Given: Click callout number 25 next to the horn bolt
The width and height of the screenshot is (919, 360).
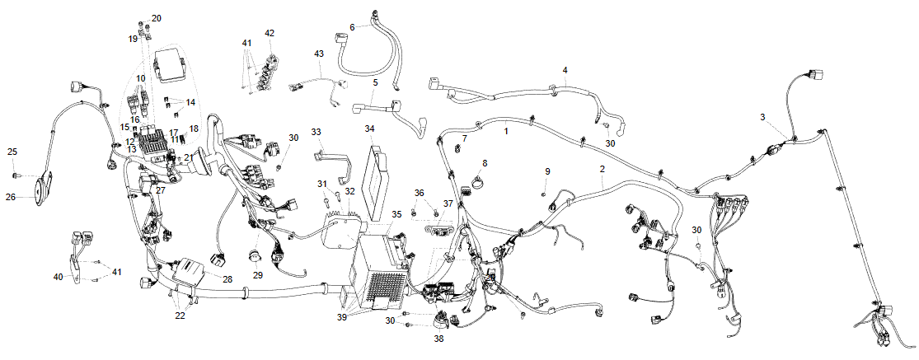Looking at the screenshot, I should (12, 152).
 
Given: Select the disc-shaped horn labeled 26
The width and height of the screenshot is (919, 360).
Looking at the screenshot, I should (41, 191).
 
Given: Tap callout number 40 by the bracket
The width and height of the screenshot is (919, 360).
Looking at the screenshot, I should (58, 277).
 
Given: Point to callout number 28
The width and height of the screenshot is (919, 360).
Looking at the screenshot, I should (227, 280).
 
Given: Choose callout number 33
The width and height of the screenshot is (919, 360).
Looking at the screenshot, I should (317, 132).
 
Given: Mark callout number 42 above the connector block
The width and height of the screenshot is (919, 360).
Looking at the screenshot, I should (270, 33).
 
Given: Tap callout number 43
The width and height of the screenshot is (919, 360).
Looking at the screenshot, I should (319, 54).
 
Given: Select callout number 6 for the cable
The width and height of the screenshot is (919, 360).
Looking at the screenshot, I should (352, 27).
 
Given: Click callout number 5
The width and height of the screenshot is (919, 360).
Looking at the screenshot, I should (375, 83).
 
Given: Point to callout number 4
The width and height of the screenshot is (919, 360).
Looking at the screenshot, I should (565, 70).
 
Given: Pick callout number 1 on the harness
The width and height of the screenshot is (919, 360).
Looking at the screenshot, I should (506, 130).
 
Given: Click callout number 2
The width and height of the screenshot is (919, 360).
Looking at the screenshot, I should (603, 169).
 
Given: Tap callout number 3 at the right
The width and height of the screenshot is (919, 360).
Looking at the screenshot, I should (763, 117).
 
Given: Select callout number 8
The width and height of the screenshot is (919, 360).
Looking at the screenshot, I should (485, 163).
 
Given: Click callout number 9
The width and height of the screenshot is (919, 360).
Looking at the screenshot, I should (546, 171).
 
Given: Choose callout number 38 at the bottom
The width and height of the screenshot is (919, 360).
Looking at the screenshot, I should (438, 338).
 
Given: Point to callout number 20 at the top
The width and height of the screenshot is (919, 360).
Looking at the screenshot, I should (157, 18).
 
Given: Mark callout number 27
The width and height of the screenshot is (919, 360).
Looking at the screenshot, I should (161, 190).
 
